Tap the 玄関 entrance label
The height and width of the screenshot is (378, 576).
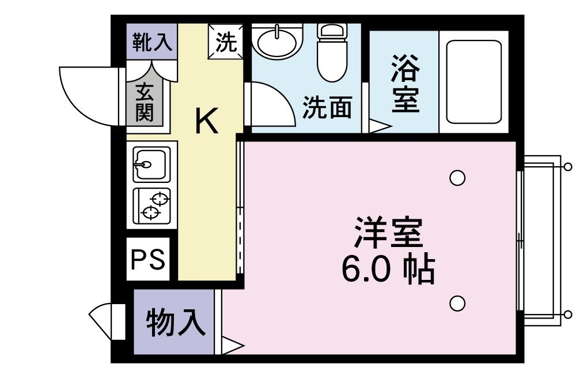point(145,103)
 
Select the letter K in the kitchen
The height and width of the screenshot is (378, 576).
point(206,121)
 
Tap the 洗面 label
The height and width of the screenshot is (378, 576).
point(327,107)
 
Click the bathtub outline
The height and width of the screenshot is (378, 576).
point(473,81)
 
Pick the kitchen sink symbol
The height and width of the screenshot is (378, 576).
point(151,163)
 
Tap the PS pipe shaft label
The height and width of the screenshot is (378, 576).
point(148,259)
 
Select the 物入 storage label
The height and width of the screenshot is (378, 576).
point(175,323)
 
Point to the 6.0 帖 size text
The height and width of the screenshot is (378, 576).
point(388,268)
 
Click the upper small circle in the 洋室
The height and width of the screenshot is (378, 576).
point(457,178)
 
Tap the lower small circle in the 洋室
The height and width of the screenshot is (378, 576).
point(457,302)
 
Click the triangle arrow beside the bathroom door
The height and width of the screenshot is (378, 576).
point(379,126)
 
